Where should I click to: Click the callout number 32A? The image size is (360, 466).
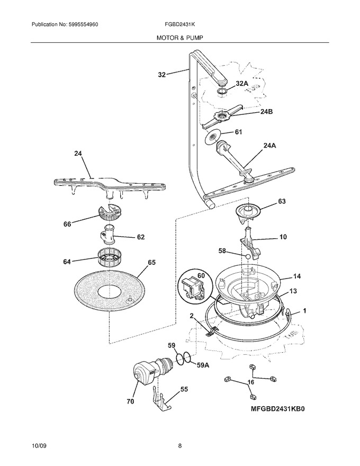(x=242, y=84)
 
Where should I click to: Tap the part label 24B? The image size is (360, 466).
(x=266, y=112)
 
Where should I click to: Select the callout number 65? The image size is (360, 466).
(x=151, y=263)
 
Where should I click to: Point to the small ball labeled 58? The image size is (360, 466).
(x=247, y=256)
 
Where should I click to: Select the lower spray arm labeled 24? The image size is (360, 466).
(x=110, y=186)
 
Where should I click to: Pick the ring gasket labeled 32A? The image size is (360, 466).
(x=222, y=92)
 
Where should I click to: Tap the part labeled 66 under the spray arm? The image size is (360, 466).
(x=110, y=213)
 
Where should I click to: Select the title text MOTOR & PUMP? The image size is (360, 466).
(x=180, y=38)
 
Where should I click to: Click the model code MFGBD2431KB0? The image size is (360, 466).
(x=278, y=409)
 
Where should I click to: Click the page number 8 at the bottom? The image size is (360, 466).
(x=179, y=445)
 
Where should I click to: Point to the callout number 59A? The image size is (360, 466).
(x=203, y=365)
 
